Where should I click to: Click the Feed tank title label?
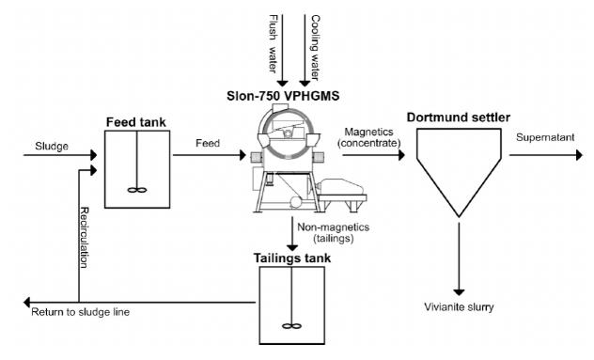136,122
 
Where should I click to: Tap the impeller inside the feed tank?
136,190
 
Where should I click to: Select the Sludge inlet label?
52,147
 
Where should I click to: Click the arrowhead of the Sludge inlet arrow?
94,155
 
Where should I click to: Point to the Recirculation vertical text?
84,238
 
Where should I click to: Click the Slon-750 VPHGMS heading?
283,96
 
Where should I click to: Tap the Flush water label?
273,43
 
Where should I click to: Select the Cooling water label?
315,48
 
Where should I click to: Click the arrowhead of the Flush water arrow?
282,84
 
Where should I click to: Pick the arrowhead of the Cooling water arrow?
305,84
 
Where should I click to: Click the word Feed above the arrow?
208,143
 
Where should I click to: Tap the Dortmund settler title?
459,117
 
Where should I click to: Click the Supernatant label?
545,137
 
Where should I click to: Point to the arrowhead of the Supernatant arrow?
579,155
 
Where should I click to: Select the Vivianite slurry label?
459,307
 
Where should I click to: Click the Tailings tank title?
292,258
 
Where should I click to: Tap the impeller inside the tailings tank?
291,326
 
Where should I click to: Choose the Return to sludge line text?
80,312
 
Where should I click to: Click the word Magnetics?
368,133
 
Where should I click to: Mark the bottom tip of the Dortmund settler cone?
459,217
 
